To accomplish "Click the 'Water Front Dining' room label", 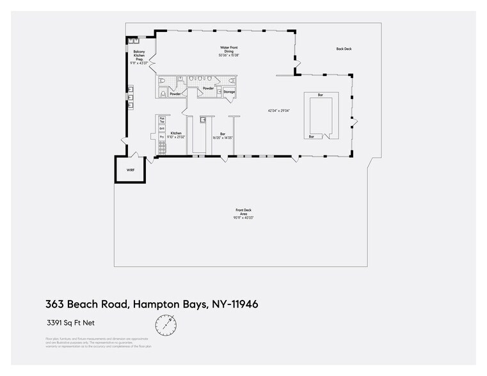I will point(225,49).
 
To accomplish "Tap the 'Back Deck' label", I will point(344,49).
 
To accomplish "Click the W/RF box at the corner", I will point(131,169).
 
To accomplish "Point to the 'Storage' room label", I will point(228,92).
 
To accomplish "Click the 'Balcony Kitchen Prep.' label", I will point(139,56).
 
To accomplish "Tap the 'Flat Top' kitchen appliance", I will point(163,120).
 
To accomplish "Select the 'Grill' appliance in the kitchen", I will point(163,129).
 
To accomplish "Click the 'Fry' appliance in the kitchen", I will point(163,137).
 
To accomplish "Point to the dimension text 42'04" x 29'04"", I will point(279,111).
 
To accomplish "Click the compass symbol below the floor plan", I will point(166,325).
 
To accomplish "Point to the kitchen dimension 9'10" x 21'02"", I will point(176,137).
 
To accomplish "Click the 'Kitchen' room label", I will point(176,133).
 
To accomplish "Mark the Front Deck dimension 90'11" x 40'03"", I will point(244,218).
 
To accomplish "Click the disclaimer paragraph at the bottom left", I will point(98,342).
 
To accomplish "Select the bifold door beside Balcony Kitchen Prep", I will point(153,62).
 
